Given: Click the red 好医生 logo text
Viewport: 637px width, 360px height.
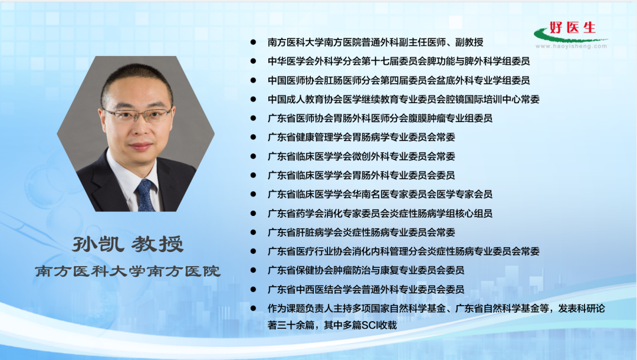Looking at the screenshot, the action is (572, 28).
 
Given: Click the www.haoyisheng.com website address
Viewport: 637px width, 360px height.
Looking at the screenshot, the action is (571, 46).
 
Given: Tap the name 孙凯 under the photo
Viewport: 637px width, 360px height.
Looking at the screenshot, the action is (98, 244).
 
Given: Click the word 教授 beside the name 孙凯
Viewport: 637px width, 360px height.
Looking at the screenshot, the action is (157, 244).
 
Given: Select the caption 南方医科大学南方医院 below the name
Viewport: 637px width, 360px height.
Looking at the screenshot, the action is (127, 271).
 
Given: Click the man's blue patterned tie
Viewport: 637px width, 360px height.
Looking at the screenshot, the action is (146, 195).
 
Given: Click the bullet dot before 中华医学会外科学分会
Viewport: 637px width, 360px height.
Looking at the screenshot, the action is (253, 61).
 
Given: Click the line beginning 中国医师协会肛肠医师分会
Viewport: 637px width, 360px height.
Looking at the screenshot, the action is (399, 80).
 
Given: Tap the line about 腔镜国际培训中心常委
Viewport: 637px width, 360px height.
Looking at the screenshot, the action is (403, 99).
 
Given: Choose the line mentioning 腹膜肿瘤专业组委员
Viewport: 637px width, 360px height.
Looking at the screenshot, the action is (380, 118).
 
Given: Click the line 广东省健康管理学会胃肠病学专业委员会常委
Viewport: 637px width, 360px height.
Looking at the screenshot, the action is (361, 138).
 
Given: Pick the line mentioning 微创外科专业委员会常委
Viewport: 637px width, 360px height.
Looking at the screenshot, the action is (361, 156).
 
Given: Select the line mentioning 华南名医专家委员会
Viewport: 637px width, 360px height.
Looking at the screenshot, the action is (380, 194).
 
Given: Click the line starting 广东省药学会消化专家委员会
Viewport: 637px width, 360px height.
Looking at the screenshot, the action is (380, 213).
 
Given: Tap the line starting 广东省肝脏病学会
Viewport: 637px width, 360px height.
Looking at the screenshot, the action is (361, 233).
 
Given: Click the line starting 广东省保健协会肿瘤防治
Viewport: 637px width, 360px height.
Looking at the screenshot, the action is (366, 270).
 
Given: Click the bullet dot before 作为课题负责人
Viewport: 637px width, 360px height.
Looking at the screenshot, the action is (253, 309).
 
